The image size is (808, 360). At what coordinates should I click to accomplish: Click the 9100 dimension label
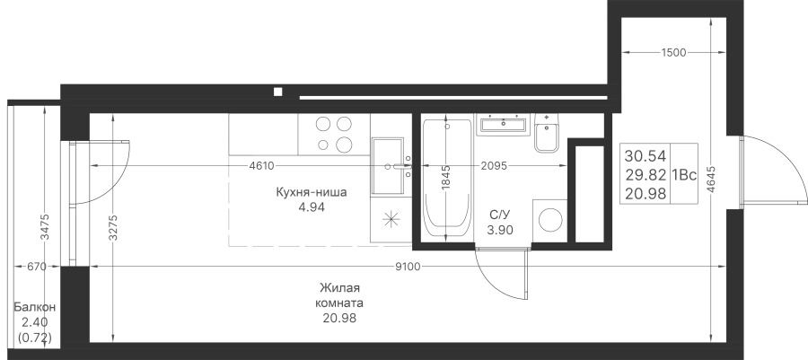pyautogui.click(x=409, y=267)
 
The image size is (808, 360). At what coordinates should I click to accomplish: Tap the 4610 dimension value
pyautogui.click(x=261, y=166)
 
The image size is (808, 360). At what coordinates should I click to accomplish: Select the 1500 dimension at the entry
pyautogui.click(x=673, y=53)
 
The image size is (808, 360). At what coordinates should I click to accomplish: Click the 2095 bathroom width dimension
pyautogui.click(x=494, y=166)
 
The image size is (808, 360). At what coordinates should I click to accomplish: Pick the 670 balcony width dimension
pyautogui.click(x=37, y=267)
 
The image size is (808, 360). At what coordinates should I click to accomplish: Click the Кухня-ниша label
pyautogui.click(x=312, y=193)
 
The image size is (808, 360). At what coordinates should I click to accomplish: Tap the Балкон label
pyautogui.click(x=34, y=307)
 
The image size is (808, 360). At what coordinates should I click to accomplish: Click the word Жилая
pyautogui.click(x=339, y=287)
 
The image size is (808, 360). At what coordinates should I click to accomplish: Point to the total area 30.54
pyautogui.click(x=646, y=155)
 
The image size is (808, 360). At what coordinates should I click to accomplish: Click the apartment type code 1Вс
pyautogui.click(x=684, y=175)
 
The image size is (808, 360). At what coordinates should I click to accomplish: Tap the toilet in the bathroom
pyautogui.click(x=546, y=133)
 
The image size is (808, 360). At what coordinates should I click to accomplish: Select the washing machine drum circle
pyautogui.click(x=550, y=221)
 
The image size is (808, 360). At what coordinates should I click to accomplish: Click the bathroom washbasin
pyautogui.click(x=503, y=124)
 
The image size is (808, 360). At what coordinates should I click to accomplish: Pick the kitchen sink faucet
pyautogui.click(x=400, y=166)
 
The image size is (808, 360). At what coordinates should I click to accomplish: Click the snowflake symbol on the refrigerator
pyautogui.click(x=391, y=219)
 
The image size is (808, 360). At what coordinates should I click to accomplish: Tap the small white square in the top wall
pyautogui.click(x=277, y=92)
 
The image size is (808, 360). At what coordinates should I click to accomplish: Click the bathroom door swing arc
pyautogui.click(x=493, y=282)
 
